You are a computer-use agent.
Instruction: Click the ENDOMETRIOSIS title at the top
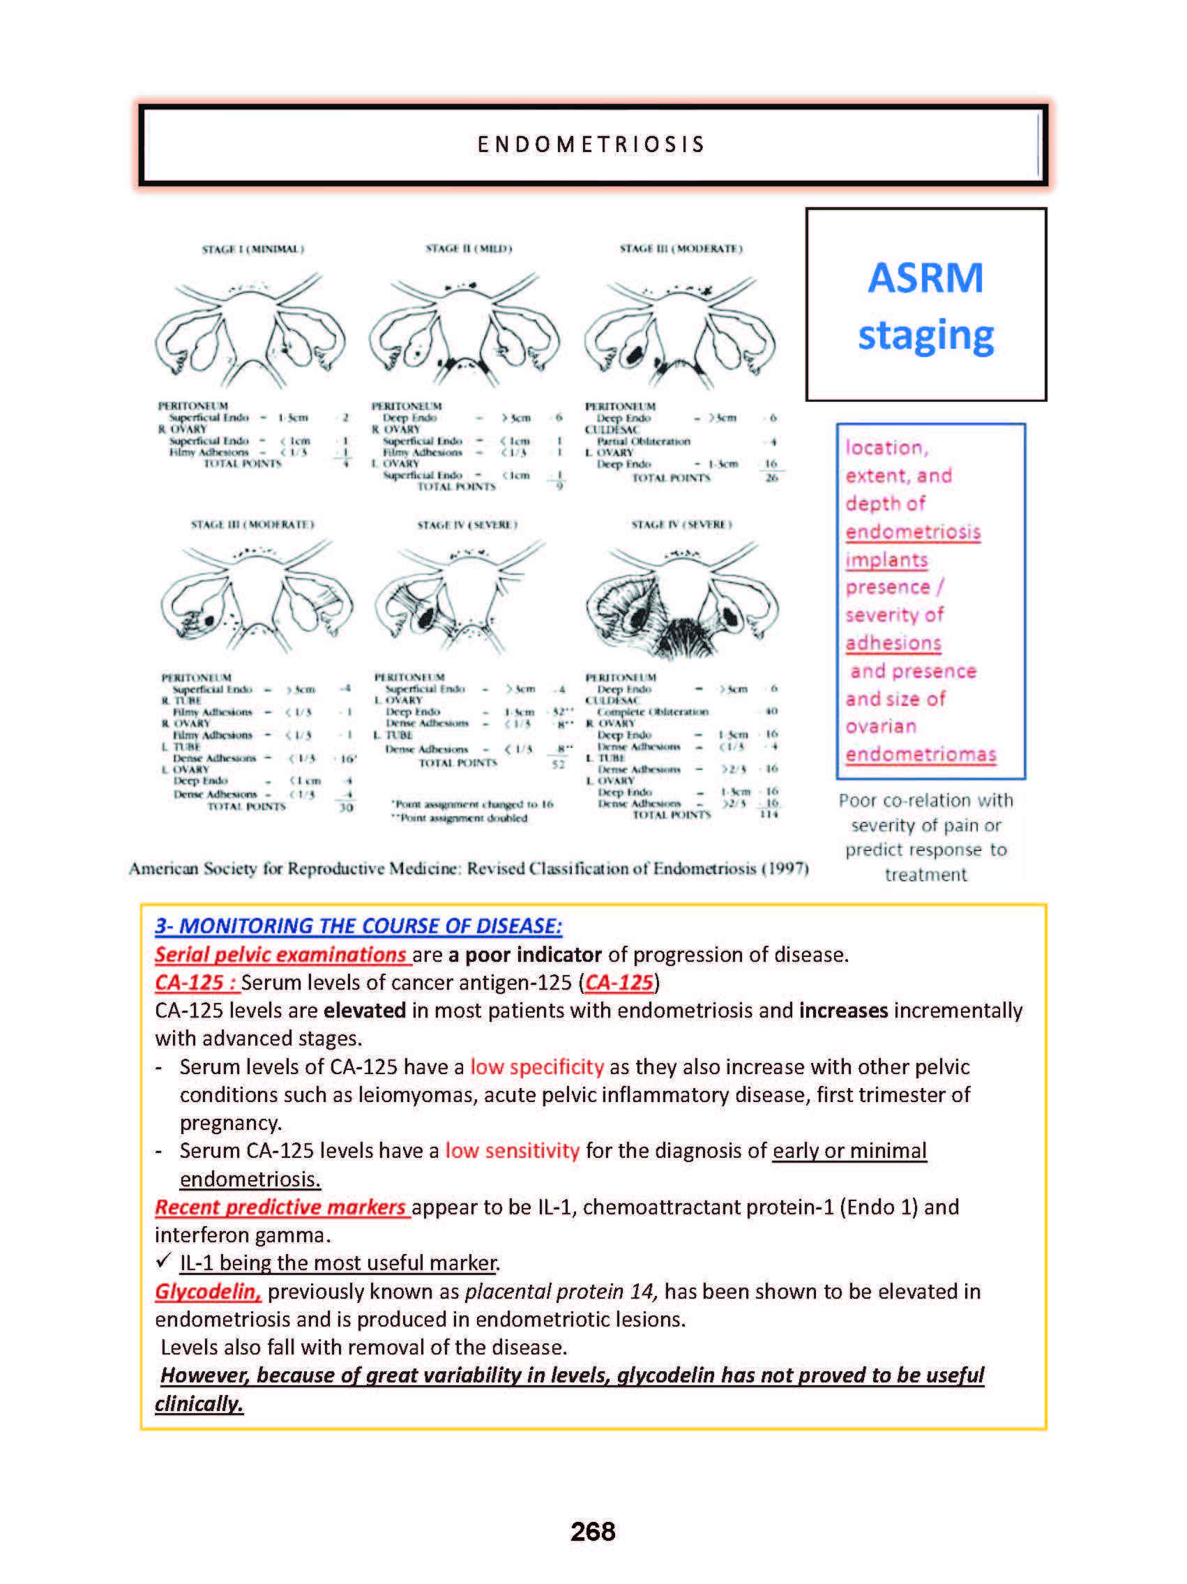pos(591,144)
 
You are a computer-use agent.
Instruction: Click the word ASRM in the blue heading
pos(925,278)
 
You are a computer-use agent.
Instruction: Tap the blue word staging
pos(925,335)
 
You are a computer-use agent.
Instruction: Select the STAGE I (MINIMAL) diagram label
pos(252,249)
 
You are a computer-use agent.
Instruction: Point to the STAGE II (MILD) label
pos(469,248)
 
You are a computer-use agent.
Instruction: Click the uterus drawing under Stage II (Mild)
pos(464,329)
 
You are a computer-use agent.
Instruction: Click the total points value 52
pos(558,764)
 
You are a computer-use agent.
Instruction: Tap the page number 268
pos(593,1532)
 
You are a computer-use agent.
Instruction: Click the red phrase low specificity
pos(537,1067)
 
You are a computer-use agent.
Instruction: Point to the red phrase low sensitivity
pos(512,1151)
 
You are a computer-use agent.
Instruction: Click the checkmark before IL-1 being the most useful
pos(163,1260)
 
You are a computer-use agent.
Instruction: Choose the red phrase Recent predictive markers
pos(280,1207)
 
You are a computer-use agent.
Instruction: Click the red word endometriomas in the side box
pos(921,755)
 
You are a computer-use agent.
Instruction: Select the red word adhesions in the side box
pos(893,643)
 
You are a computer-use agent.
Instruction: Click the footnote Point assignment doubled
pos(460,817)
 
